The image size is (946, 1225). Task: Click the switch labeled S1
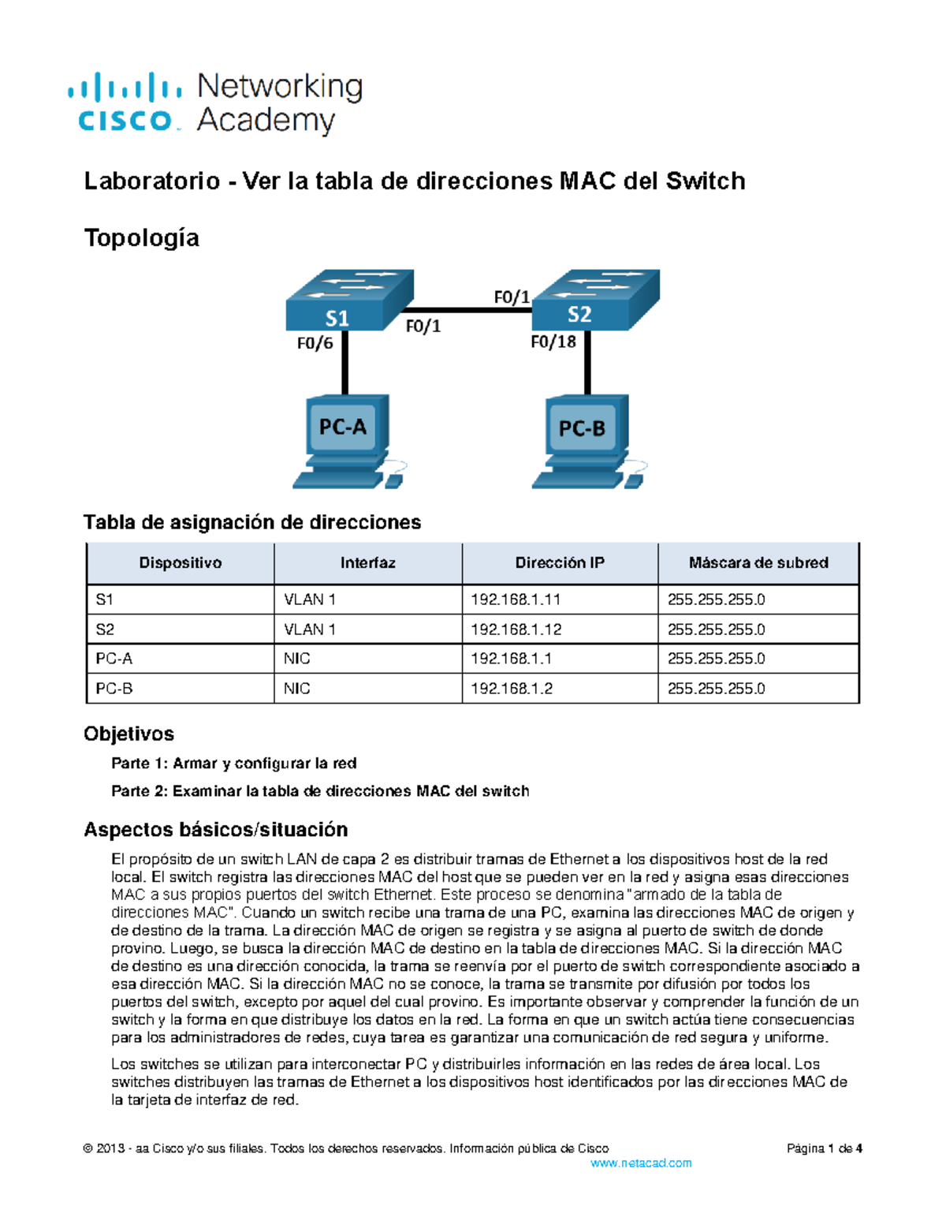point(347,302)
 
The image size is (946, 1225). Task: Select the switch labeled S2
point(593,301)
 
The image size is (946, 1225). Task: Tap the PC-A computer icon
point(345,441)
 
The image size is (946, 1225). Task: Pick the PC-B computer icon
point(585,443)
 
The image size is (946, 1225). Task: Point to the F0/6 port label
point(314,343)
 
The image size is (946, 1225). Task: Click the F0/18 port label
point(553,342)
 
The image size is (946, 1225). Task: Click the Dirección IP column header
point(560,563)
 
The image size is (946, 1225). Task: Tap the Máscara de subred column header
point(758,563)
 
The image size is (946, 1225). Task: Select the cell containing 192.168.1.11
point(516,599)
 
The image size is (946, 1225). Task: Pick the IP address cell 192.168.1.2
point(512,689)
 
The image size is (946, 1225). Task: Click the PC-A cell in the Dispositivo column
point(114,659)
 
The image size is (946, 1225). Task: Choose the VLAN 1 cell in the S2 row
point(310,629)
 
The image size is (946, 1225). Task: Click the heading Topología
point(141,237)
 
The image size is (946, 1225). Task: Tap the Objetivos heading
point(128,734)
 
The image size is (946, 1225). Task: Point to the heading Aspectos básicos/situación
point(215,830)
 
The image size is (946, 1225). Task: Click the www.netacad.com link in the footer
point(641,1163)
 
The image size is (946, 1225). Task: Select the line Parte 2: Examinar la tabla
point(320,791)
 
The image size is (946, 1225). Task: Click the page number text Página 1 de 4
point(824,1148)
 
